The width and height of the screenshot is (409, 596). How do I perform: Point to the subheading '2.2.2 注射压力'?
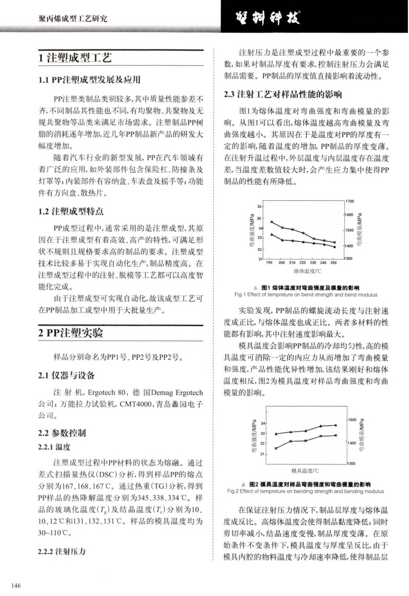tap(63, 551)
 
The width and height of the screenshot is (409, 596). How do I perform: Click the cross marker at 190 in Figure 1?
tap(271, 222)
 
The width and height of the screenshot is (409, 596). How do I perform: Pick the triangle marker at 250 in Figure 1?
tap(334, 247)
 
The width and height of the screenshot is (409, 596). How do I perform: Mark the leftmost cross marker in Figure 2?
tap(276, 448)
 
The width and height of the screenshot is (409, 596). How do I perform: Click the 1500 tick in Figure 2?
tap(351, 420)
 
